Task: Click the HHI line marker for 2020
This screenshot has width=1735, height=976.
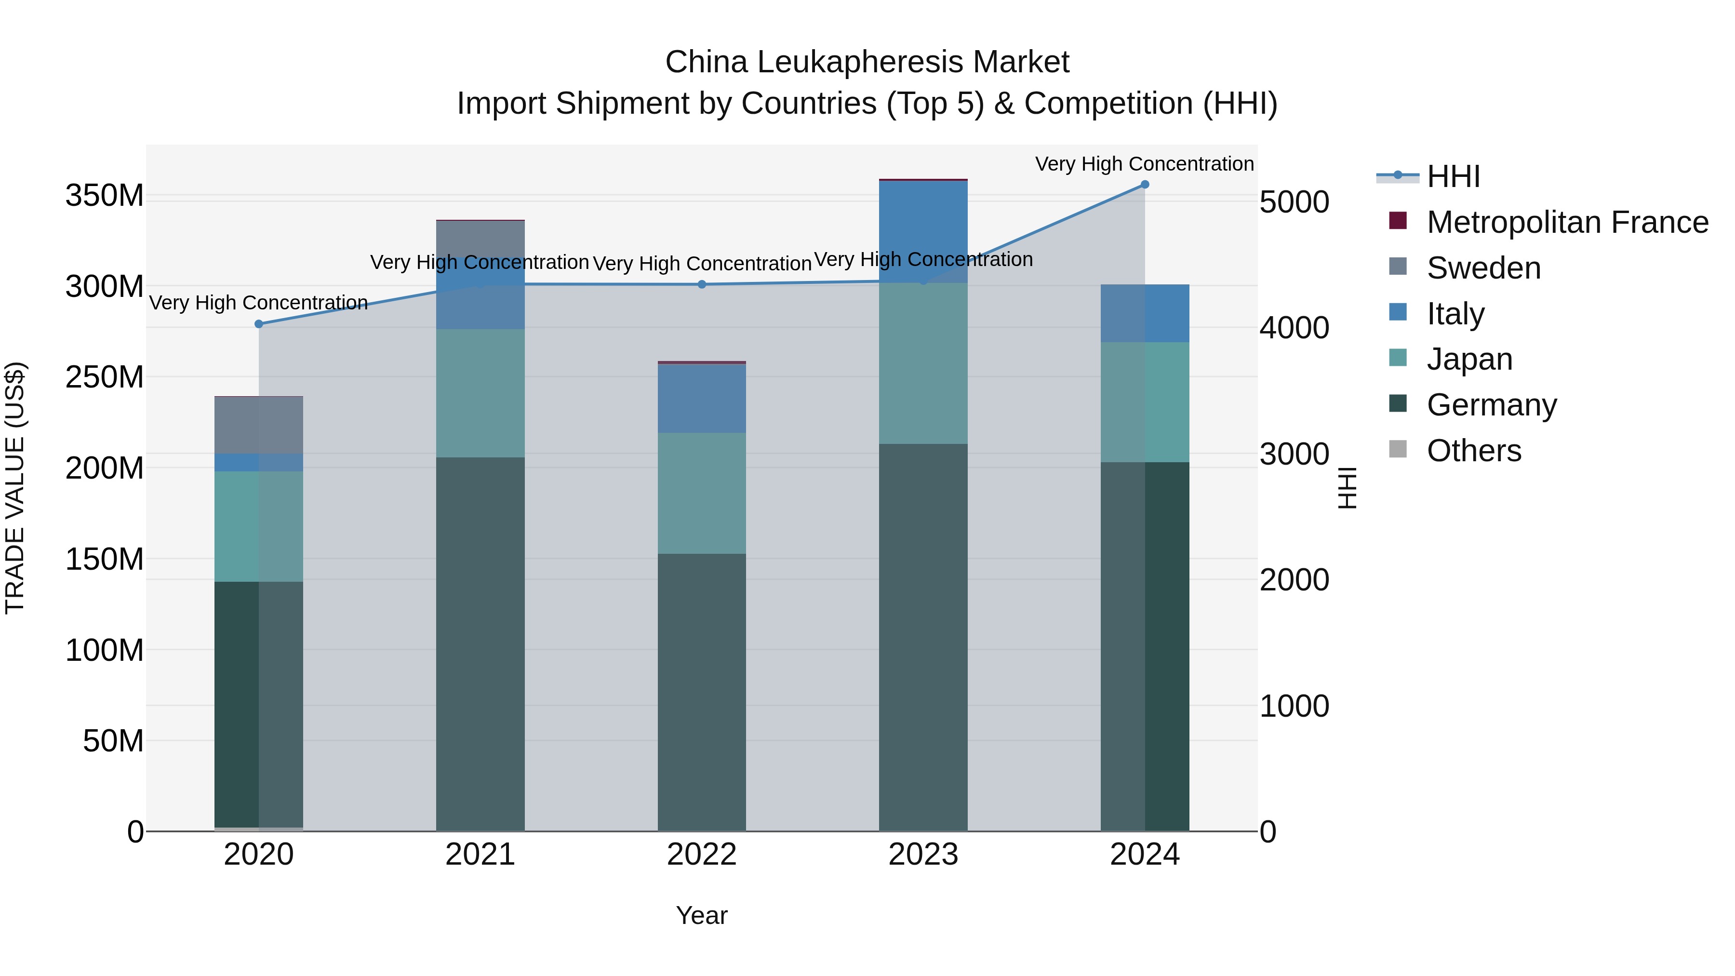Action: tap(259, 324)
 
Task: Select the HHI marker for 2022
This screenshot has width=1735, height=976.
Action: tap(702, 284)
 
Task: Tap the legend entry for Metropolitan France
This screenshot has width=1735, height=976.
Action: tap(1567, 222)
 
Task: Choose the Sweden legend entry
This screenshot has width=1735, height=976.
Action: tap(1483, 268)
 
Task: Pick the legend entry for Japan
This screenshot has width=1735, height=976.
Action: tap(1469, 359)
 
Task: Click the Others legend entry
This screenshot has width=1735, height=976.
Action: tap(1474, 451)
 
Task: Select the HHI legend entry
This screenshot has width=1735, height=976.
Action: tap(1453, 176)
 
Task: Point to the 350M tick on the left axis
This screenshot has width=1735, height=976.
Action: tap(105, 196)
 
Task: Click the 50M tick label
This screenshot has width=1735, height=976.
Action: tap(113, 741)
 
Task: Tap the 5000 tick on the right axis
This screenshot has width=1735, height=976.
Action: tap(1294, 202)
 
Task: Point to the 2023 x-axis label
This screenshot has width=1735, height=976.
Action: tap(923, 855)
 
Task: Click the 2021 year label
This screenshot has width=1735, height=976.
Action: tap(480, 855)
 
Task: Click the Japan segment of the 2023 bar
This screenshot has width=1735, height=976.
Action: tap(923, 364)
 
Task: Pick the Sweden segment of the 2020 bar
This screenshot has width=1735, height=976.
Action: tap(259, 425)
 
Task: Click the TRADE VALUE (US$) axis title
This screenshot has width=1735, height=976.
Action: tap(15, 488)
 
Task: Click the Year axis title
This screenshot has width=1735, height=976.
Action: tap(702, 915)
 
